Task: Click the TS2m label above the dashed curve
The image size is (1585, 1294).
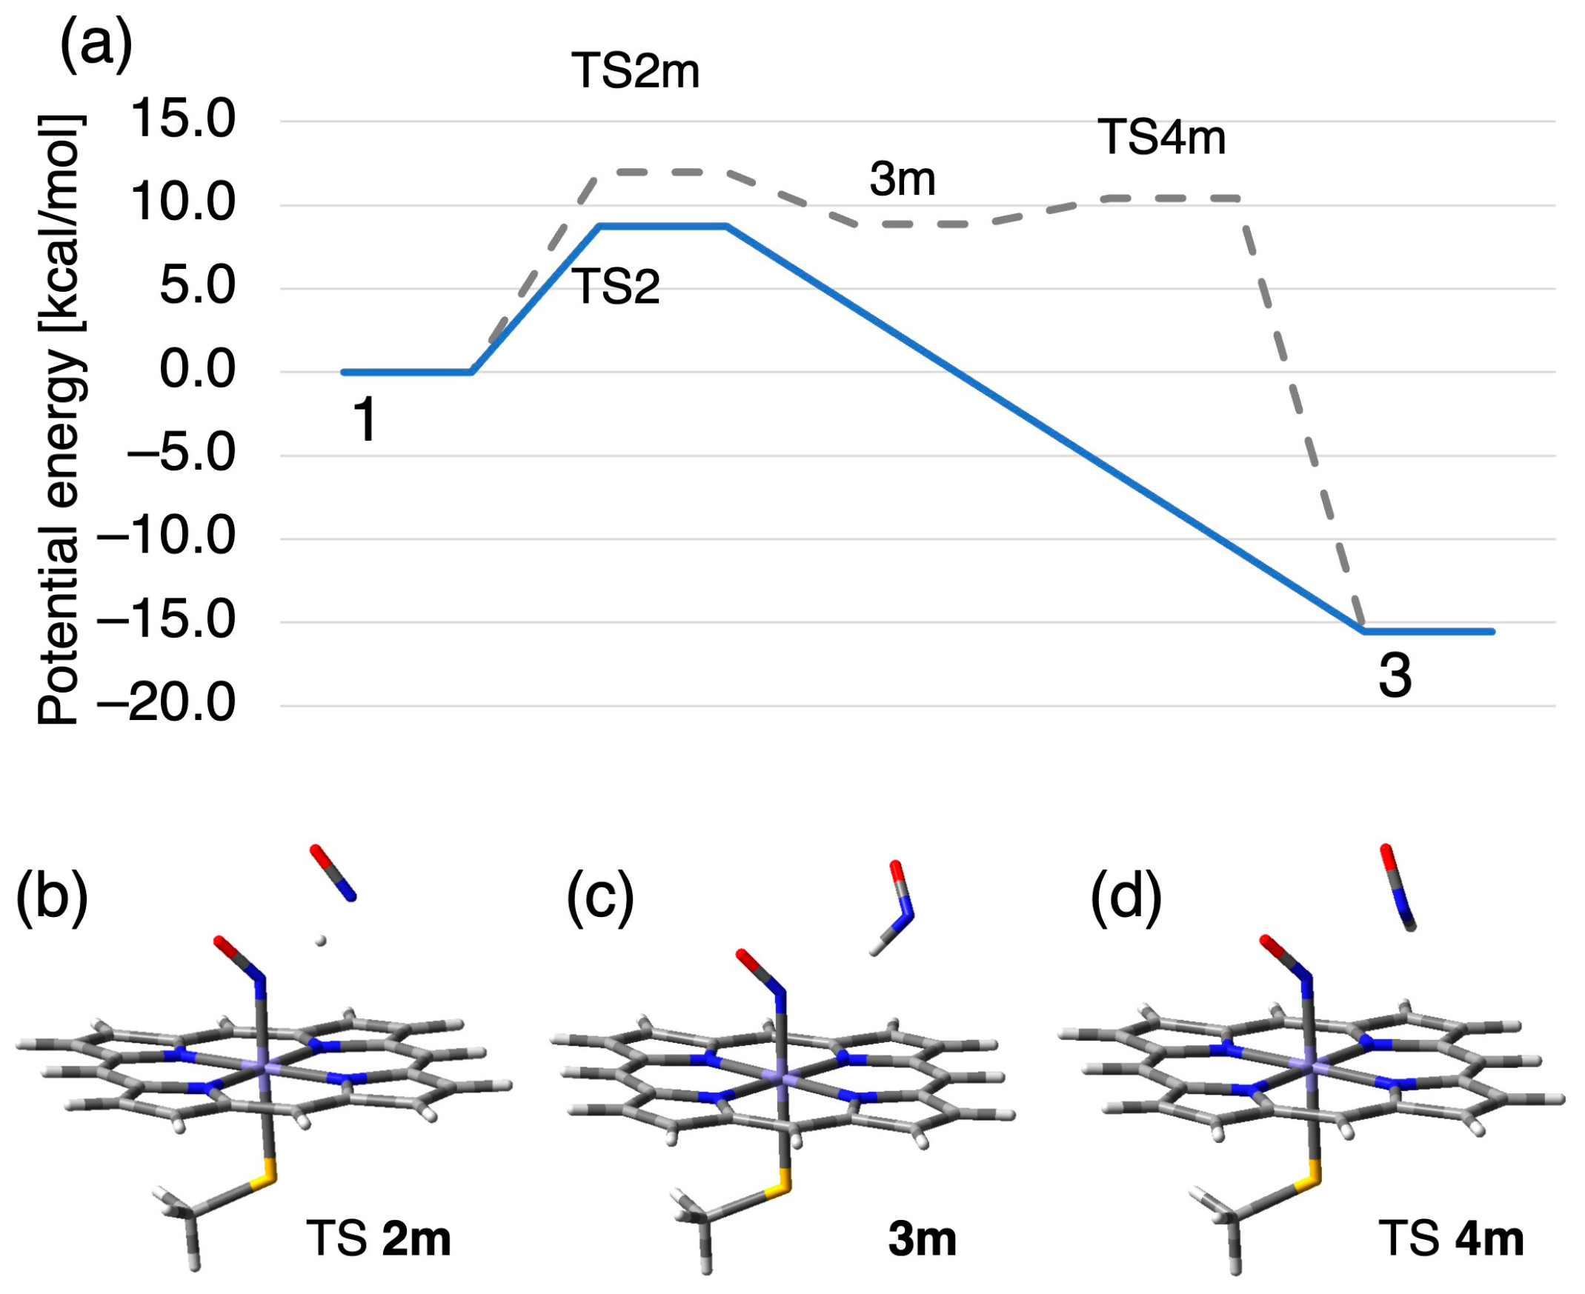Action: tap(635, 73)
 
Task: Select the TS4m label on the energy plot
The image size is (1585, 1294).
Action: tap(1162, 139)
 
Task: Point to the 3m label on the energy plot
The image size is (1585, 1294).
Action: tap(902, 181)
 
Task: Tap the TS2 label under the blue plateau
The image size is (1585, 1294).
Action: tap(616, 287)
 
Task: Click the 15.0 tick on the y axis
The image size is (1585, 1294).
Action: tap(182, 120)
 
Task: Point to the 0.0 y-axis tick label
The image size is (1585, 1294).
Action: tap(198, 370)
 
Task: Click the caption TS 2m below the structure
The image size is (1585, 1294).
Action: tap(378, 1239)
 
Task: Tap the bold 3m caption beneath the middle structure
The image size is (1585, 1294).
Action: tap(923, 1239)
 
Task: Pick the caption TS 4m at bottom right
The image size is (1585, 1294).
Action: tap(1451, 1239)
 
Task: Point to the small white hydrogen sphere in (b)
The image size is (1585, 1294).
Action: tap(321, 941)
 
